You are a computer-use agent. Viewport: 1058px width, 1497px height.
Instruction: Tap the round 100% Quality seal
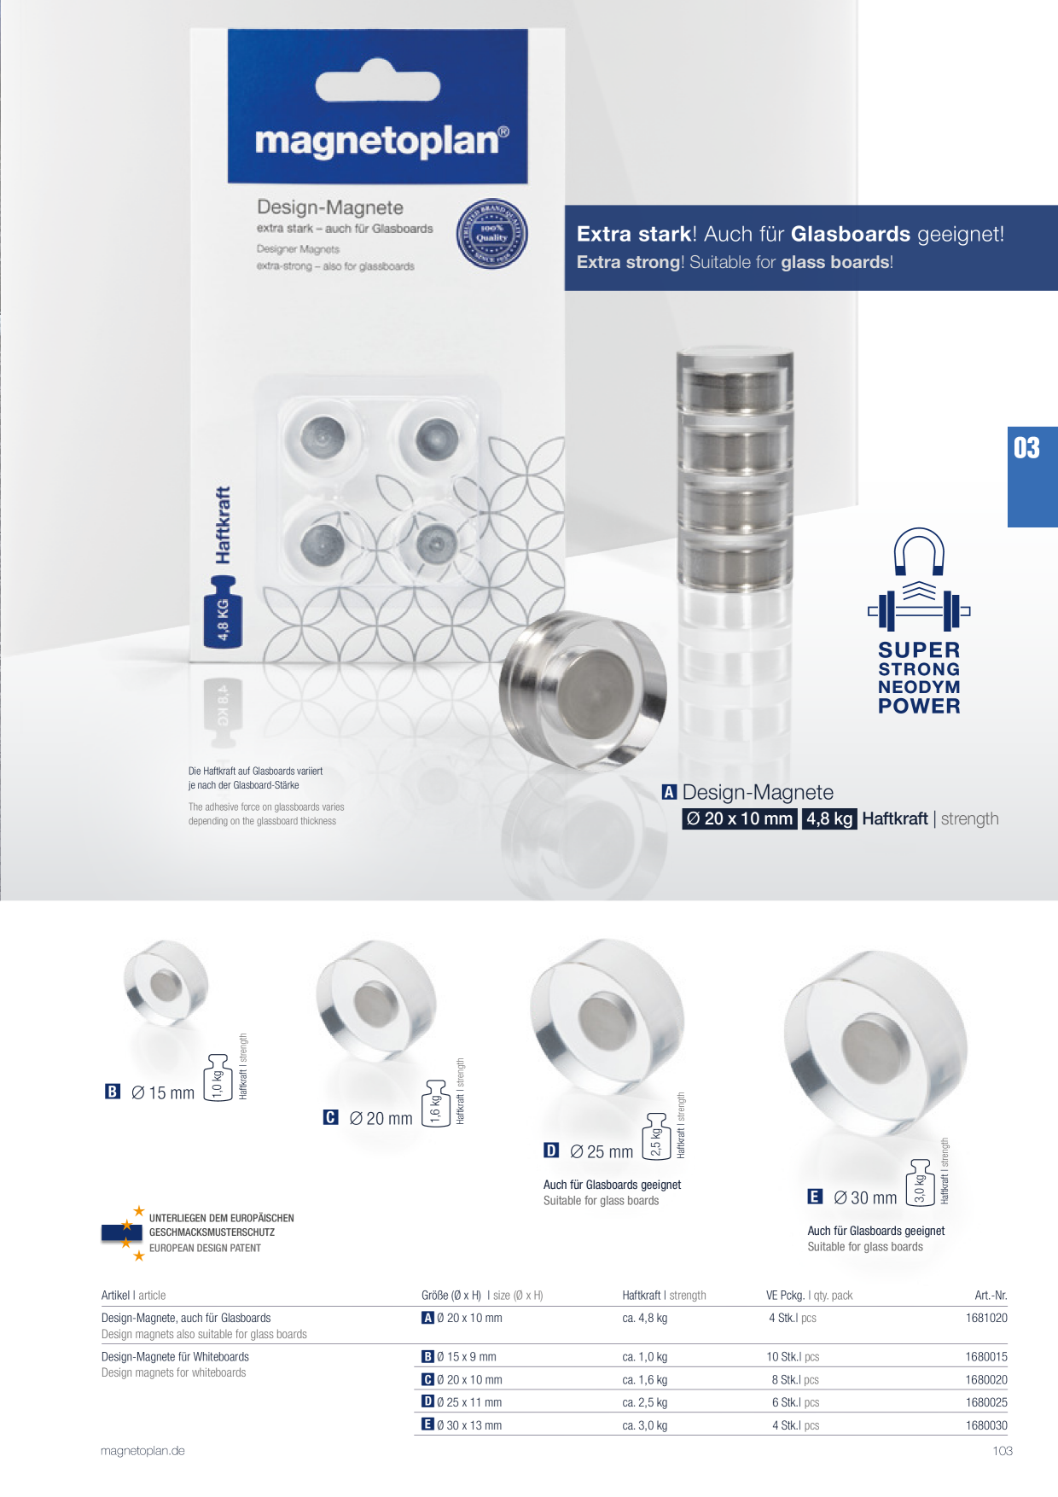[x=491, y=234]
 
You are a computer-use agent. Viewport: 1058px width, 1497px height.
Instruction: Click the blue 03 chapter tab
[x=1032, y=476]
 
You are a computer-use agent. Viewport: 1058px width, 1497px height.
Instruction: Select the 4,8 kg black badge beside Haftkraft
[x=829, y=818]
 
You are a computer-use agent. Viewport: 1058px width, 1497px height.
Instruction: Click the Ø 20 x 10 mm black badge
[x=739, y=818]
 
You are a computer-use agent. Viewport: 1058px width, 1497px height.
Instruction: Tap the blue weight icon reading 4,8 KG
[x=224, y=611]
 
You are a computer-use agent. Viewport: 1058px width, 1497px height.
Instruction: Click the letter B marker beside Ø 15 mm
[x=113, y=1092]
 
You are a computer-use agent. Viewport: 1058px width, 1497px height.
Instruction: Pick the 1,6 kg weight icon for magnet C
[x=435, y=1104]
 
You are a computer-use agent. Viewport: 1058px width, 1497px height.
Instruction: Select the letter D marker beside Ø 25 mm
[x=551, y=1150]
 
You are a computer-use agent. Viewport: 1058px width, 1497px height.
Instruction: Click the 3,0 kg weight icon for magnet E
[x=920, y=1182]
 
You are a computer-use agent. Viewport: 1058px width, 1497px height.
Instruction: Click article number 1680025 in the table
[x=986, y=1402]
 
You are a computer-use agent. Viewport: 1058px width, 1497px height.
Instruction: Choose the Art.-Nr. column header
[x=991, y=1295]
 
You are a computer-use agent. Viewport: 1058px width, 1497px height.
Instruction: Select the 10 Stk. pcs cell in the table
[x=793, y=1356]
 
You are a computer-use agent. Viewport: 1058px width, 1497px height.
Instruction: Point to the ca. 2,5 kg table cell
[x=645, y=1402]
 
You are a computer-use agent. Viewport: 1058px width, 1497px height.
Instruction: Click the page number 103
[x=1003, y=1451]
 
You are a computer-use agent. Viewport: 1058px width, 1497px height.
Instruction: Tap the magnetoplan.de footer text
[x=142, y=1451]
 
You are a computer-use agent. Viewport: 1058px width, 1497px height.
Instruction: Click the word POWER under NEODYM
[x=919, y=706]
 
